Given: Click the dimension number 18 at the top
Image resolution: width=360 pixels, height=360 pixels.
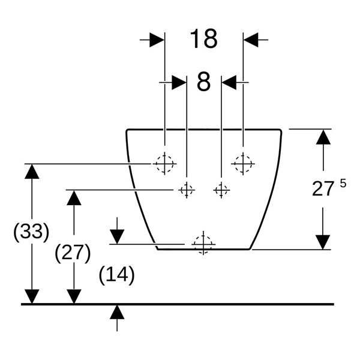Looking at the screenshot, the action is pyautogui.click(x=203, y=39).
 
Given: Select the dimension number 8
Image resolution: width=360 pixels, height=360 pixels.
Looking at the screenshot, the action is pyautogui.click(x=203, y=82).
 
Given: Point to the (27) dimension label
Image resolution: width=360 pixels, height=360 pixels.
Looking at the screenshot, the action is pyautogui.click(x=73, y=253).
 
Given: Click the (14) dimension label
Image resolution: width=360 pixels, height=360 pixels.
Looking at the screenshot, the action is pyautogui.click(x=117, y=275).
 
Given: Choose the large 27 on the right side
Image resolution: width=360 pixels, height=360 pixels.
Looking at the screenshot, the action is pyautogui.click(x=323, y=189).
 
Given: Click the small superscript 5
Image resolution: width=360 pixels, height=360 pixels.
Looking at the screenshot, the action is pyautogui.click(x=343, y=184).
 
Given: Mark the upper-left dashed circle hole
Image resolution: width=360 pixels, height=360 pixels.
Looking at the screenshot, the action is pyautogui.click(x=164, y=164).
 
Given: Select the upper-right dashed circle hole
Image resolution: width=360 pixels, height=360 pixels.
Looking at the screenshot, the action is pyautogui.click(x=243, y=164).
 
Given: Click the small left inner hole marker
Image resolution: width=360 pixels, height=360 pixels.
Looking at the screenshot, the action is pyautogui.click(x=187, y=190).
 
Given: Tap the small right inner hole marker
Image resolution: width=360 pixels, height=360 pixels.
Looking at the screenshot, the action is pyautogui.click(x=221, y=190).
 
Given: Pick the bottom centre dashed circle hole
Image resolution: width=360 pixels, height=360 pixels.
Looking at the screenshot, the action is pyautogui.click(x=203, y=245).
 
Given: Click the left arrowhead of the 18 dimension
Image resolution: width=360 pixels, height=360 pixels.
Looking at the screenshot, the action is pyautogui.click(x=157, y=40).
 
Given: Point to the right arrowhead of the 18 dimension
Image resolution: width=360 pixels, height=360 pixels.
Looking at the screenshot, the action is pyautogui.click(x=251, y=40).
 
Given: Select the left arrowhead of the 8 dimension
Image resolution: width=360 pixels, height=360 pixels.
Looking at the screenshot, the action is pyautogui.click(x=179, y=82).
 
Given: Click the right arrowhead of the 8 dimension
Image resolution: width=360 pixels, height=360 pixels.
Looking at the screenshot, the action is pyautogui.click(x=229, y=82).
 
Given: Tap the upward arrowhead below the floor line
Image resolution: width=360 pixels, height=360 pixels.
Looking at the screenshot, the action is pyautogui.click(x=117, y=312).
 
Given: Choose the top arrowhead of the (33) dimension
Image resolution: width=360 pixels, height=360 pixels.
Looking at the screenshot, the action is pyautogui.click(x=32, y=172).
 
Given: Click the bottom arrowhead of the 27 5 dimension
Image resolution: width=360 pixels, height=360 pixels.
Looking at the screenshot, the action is pyautogui.click(x=323, y=242).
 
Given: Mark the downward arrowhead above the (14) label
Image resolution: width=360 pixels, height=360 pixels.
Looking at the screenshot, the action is pyautogui.click(x=117, y=237).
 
